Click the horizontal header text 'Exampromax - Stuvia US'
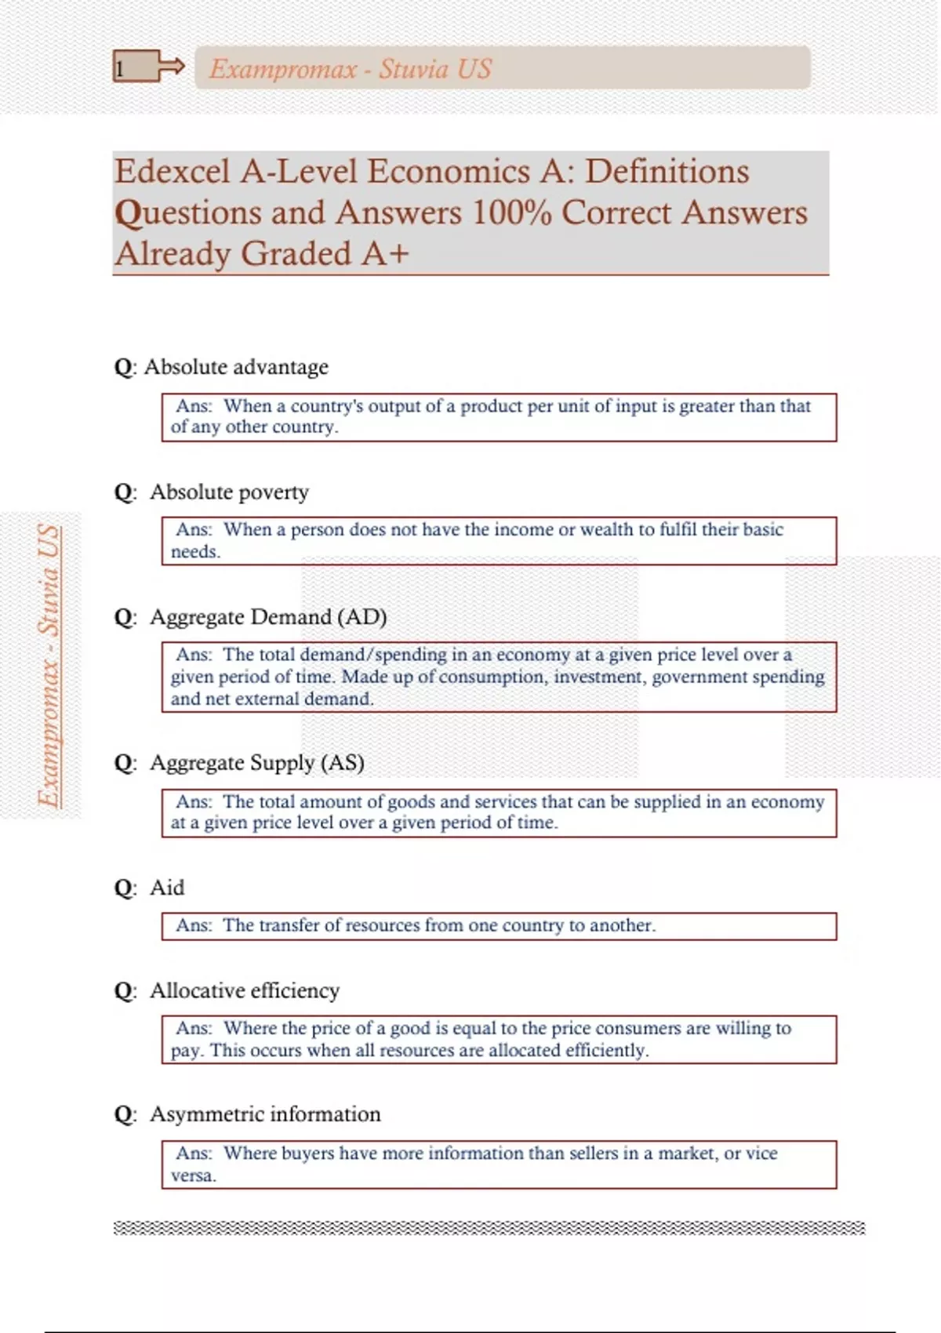point(350,69)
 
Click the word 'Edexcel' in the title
point(173,172)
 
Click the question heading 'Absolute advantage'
point(236,367)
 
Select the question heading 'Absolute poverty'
point(229,492)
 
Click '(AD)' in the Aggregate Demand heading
point(362,617)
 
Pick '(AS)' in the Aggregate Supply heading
point(343,763)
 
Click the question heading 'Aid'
point(167,888)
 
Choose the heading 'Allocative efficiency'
point(245,990)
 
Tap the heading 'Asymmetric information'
point(265,1114)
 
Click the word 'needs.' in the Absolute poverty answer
point(195,552)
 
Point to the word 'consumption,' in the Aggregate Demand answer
point(493,677)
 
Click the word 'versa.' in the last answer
point(193,1175)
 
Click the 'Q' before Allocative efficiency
point(124,991)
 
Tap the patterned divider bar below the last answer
point(489,1228)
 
